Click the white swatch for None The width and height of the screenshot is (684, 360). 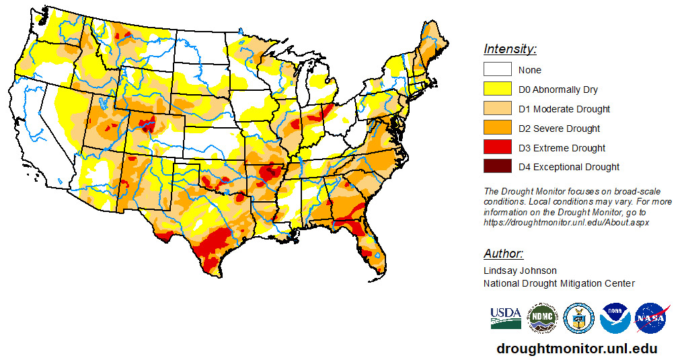point(497,70)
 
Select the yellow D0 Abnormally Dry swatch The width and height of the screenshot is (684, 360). point(497,89)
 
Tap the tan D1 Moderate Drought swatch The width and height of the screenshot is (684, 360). point(497,109)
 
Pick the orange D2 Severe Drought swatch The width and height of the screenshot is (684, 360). point(497,129)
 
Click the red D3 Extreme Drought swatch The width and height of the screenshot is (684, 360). point(497,148)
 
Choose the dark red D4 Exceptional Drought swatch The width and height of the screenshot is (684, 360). point(497,167)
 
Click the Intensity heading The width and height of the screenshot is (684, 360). point(510,49)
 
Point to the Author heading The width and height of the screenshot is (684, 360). point(503,254)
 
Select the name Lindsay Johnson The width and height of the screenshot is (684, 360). point(520,271)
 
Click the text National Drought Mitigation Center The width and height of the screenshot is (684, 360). point(559,283)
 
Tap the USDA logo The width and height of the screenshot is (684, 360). point(506,318)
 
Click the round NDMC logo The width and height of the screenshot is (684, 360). point(542,318)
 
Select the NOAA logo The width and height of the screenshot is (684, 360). point(615,318)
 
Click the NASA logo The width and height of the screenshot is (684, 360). point(650,318)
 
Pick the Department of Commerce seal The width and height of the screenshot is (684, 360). point(578,318)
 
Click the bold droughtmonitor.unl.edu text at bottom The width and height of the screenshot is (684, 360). point(576,349)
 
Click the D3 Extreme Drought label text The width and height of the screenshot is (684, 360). point(562,148)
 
